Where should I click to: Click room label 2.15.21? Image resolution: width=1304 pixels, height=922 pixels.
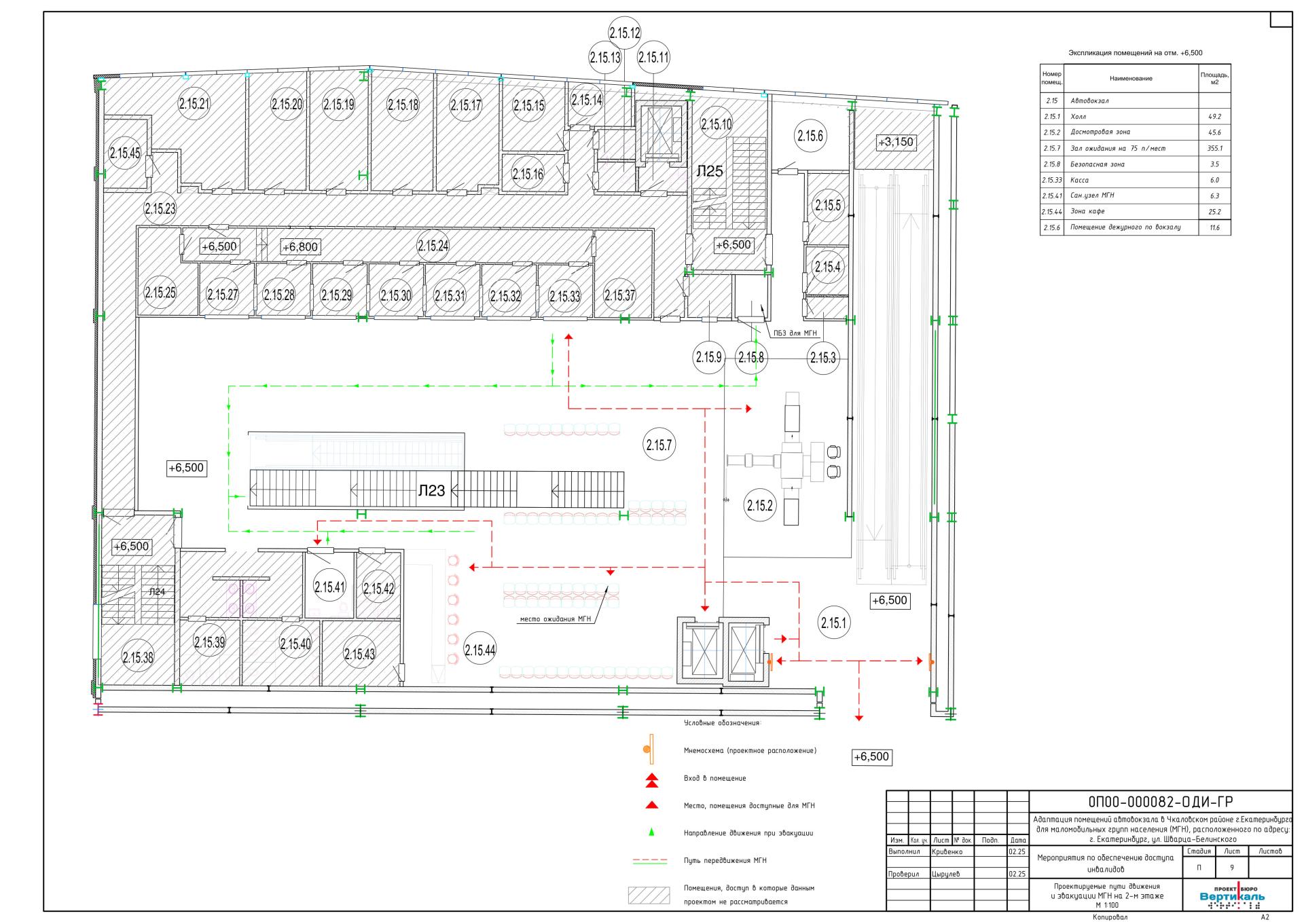(x=194, y=104)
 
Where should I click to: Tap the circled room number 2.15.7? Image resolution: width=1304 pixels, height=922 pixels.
(x=659, y=445)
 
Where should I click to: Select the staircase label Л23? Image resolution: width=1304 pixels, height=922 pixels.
(x=431, y=490)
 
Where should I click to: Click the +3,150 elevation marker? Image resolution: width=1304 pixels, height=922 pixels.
(x=896, y=143)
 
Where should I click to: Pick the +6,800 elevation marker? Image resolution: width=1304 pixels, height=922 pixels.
(x=300, y=246)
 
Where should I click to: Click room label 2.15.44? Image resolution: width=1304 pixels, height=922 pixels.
(x=479, y=650)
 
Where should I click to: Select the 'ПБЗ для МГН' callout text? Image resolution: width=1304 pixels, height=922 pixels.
(x=795, y=333)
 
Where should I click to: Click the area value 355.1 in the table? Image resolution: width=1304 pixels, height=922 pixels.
(x=1215, y=148)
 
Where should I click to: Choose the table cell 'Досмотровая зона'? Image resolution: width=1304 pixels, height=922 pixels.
(x=1100, y=132)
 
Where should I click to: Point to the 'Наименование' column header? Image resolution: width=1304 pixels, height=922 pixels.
(x=1131, y=79)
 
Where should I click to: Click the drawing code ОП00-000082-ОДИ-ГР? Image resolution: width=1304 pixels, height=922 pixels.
(x=1161, y=802)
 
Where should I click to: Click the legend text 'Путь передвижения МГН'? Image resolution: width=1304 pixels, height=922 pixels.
(x=725, y=861)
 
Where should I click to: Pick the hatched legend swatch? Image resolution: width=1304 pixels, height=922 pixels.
(x=648, y=896)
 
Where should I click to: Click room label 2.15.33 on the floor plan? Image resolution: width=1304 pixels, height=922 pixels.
(x=565, y=296)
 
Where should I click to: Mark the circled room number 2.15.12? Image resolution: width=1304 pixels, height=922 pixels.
(x=625, y=33)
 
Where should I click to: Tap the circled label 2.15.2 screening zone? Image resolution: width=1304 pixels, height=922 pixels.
(x=760, y=505)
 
